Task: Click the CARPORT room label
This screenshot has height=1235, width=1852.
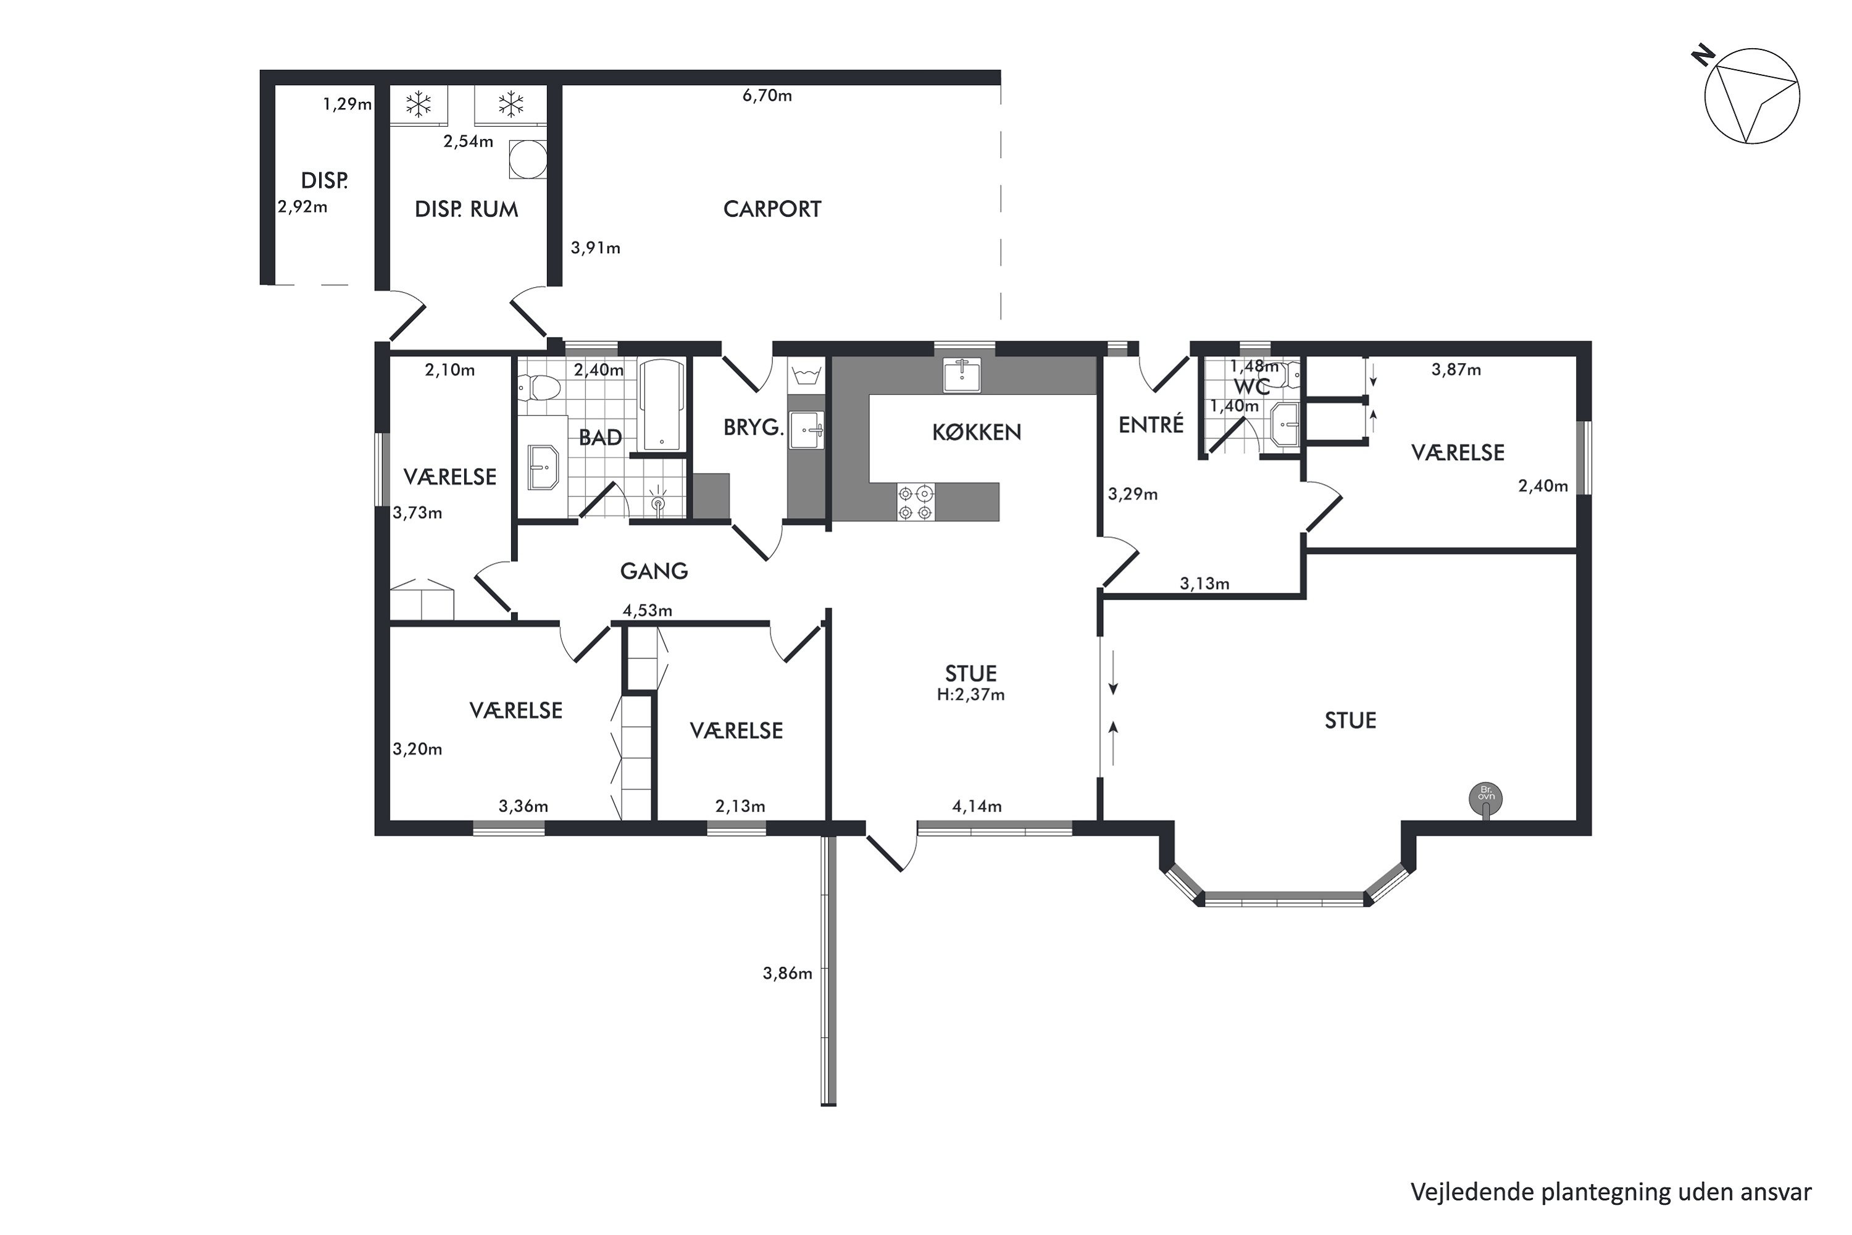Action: pos(772,209)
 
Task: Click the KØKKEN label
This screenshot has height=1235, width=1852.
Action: pos(977,432)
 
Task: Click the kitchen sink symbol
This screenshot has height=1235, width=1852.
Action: pos(962,374)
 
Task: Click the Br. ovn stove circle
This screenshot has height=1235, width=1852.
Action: pos(1486,798)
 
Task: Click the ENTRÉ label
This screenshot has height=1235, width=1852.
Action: pos(1151,425)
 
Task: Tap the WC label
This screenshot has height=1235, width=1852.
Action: pos(1251,387)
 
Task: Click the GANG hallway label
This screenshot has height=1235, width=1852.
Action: pos(654,571)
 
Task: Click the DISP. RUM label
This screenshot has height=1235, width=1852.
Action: pos(466,209)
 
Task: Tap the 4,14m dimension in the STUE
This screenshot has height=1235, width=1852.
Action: pos(977,806)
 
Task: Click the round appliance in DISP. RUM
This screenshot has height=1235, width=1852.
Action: pos(528,160)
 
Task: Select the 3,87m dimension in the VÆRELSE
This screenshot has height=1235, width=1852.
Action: pos(1456,369)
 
